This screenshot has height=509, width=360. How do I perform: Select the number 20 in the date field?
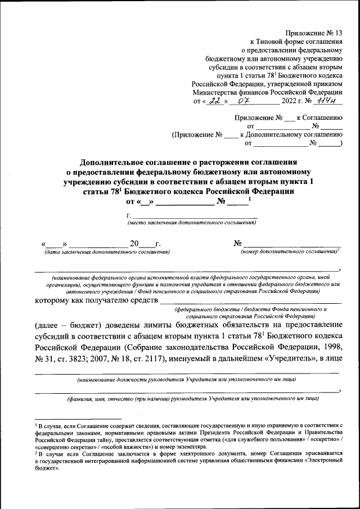tap(134, 244)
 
